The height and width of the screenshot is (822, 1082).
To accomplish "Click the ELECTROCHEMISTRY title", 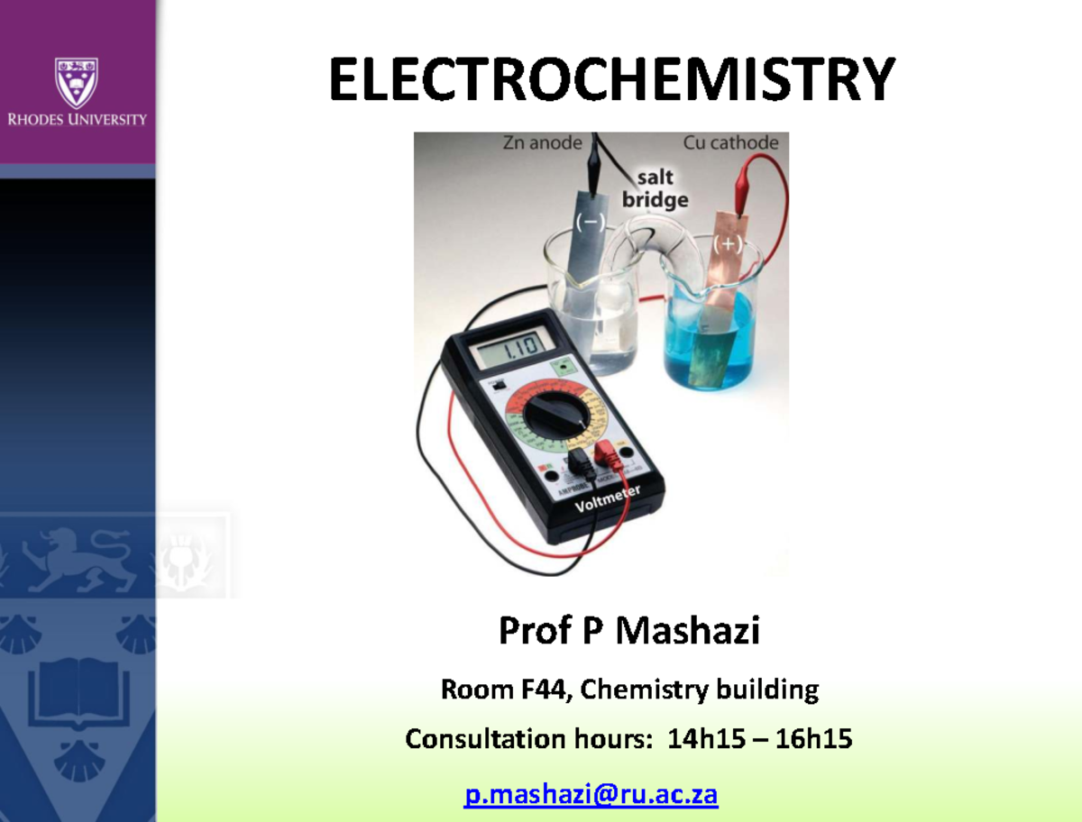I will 611,79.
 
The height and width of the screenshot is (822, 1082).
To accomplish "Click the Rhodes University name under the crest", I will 77,119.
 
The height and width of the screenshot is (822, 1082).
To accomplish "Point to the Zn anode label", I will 541,142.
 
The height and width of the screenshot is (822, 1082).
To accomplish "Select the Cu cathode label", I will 730,142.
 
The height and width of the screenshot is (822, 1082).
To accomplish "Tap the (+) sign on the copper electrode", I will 727,243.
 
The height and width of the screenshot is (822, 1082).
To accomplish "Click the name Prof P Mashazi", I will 628,632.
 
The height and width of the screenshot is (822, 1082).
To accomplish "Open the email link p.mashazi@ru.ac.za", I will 591,795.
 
